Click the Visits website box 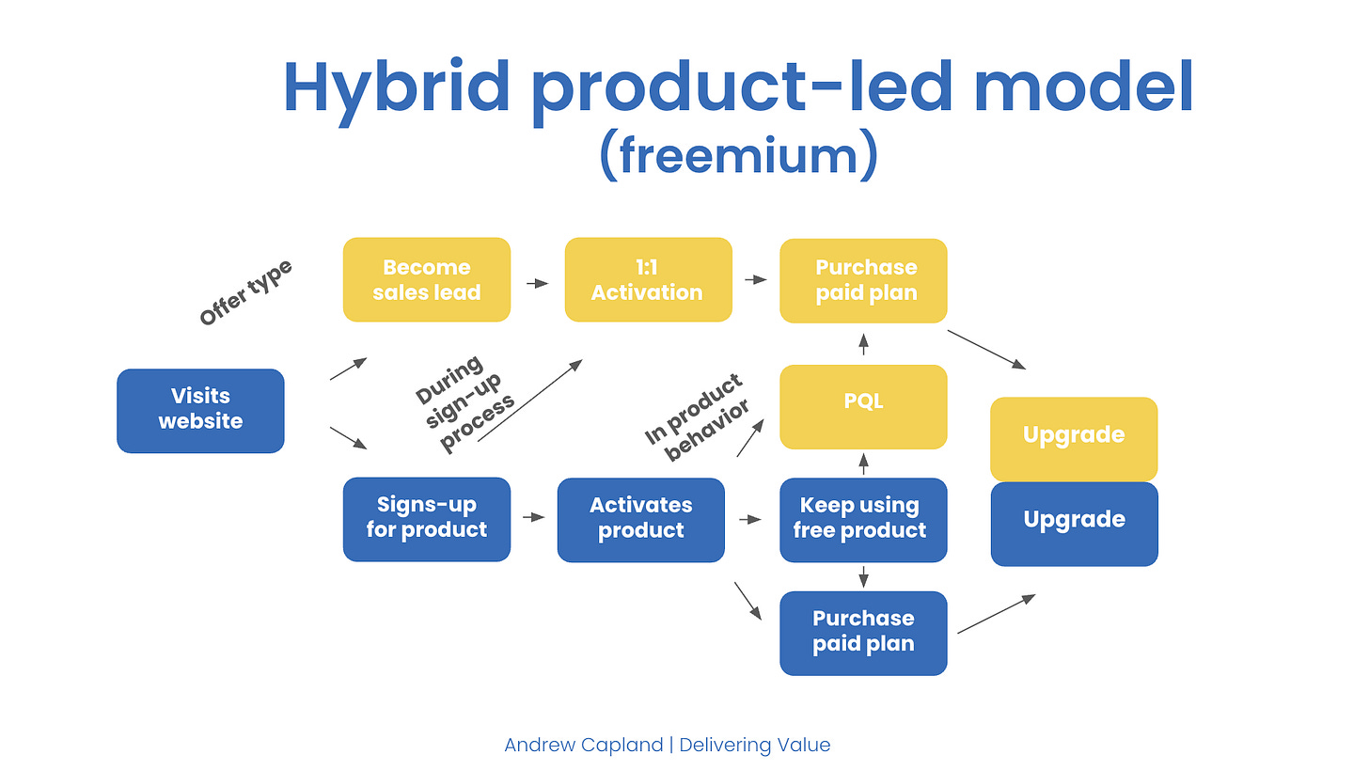click(200, 411)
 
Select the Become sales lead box click(427, 280)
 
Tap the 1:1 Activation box click(649, 280)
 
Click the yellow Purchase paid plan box click(863, 280)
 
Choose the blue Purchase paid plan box click(863, 633)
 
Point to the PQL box click(863, 407)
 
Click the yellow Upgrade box click(1074, 439)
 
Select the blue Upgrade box click(1075, 524)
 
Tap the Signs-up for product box click(427, 519)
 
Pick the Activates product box click(641, 520)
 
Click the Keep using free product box click(863, 520)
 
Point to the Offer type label click(246, 292)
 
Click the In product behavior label click(698, 417)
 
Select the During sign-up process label click(465, 403)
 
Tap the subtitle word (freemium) click(739, 155)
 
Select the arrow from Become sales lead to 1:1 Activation click(538, 283)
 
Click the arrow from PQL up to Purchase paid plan click(863, 343)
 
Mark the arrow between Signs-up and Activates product click(534, 517)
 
